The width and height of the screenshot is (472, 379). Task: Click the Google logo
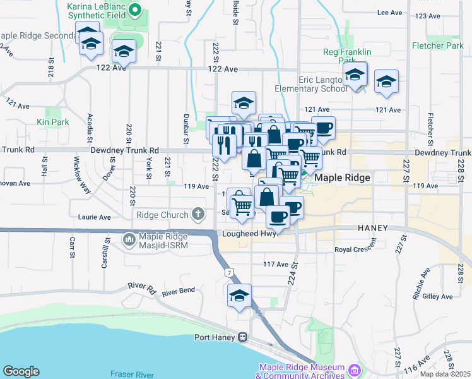point(21,371)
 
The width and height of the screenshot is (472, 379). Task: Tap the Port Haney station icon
point(242,337)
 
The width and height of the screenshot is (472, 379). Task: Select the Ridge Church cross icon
point(199,214)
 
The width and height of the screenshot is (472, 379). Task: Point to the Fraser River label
point(129,374)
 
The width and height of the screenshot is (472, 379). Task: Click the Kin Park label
point(52,121)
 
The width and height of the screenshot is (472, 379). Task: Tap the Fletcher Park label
point(437,46)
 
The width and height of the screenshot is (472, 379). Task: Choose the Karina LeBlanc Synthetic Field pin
point(135,10)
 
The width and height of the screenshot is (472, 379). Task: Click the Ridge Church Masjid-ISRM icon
point(129,239)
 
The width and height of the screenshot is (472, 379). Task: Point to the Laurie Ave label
point(95,217)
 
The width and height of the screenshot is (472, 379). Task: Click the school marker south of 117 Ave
point(240,296)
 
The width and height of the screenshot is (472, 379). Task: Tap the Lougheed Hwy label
point(245,234)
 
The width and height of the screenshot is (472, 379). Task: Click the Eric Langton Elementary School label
point(311,85)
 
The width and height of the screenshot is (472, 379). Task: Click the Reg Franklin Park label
point(347,56)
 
